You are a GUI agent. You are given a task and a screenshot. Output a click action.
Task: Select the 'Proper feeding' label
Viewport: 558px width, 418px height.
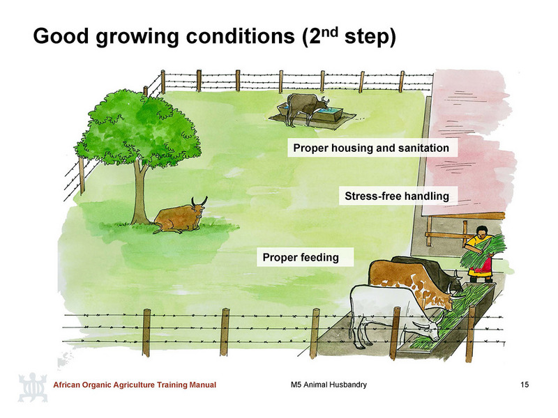tap(301, 257)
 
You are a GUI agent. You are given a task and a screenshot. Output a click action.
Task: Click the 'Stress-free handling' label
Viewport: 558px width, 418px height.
tap(397, 196)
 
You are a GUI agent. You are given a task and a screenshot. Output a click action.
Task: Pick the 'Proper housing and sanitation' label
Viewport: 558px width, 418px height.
tap(371, 148)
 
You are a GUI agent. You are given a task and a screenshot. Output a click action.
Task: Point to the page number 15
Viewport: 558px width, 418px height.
tap(525, 385)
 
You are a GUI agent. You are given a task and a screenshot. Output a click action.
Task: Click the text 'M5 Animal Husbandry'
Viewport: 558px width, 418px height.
tap(329, 385)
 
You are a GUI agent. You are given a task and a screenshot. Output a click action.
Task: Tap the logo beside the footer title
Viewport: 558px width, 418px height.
tap(33, 387)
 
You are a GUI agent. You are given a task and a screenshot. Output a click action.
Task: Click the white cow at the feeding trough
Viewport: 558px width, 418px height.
tap(391, 313)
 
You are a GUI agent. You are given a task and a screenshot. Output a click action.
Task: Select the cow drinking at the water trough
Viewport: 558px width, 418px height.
tap(306, 107)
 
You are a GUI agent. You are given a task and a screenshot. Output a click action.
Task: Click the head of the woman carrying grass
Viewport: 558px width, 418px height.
tap(481, 232)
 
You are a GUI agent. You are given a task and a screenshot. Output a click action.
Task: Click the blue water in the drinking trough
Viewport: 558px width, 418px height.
tap(329, 111)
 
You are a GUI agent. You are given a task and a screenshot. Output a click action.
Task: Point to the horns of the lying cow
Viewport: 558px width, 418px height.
tap(199, 202)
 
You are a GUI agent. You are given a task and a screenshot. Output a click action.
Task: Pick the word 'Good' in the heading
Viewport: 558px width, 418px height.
tap(61, 36)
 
